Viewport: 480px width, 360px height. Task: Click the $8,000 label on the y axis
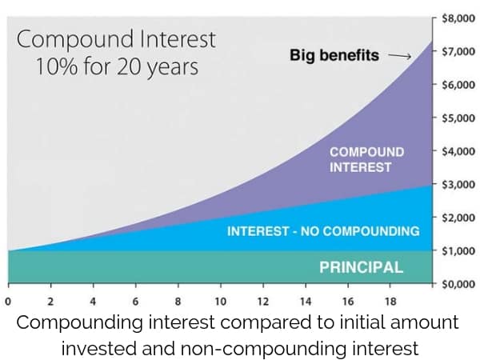tap(458, 18)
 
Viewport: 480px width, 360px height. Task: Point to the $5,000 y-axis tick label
tap(458, 118)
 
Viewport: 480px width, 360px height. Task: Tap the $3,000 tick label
tap(458, 184)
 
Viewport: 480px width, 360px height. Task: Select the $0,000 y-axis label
tap(458, 284)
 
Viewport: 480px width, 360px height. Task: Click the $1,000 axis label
tap(458, 250)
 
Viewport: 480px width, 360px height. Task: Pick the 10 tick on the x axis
tap(221, 302)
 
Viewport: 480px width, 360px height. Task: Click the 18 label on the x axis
tap(390, 302)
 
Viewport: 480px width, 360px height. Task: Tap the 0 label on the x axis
tap(8, 302)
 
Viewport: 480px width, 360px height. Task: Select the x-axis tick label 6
tap(135, 302)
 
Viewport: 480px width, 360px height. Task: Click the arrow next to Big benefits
tap(400, 56)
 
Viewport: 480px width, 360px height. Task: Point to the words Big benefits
tap(334, 55)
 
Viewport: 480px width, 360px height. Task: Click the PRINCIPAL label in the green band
tap(362, 267)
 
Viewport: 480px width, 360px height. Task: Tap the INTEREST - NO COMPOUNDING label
tap(323, 231)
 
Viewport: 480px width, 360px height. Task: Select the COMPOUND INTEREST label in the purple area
tap(366, 160)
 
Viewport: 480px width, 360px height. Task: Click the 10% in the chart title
tap(57, 66)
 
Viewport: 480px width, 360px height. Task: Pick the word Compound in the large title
tap(75, 40)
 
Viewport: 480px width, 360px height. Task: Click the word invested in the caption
tap(99, 348)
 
